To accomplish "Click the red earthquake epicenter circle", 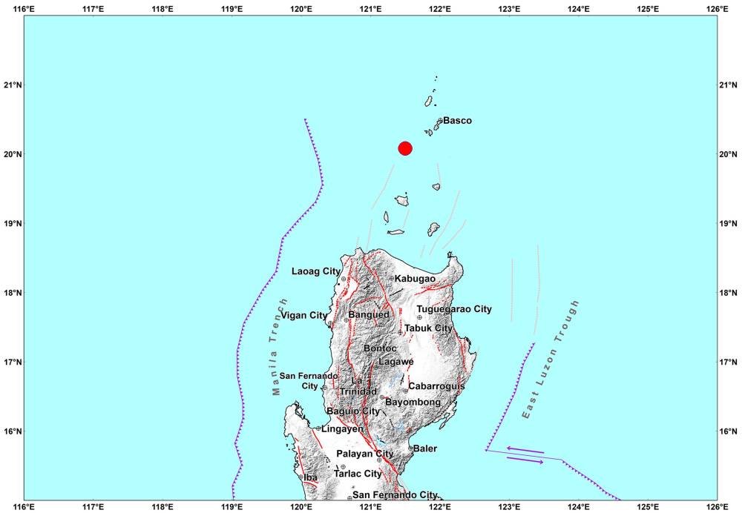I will pos(404,148).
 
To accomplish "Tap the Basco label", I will pos(458,121).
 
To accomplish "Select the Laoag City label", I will pos(316,271).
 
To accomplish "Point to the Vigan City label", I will pos(303,316).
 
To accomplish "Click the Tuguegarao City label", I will pos(454,309).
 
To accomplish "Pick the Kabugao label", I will pos(415,279).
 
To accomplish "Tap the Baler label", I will pos(425,449).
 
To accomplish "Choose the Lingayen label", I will pos(342,428).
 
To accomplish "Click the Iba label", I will pos(310,477).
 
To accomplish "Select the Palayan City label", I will pos(365,454).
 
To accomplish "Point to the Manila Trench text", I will pos(280,346).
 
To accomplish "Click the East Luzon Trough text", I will pos(550,360).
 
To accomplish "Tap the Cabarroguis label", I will pos(436,386).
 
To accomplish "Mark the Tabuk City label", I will pos(428,328).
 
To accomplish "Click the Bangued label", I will pos(369,315).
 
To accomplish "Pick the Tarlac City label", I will pos(358,474).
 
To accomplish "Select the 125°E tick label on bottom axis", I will pos(648,507).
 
